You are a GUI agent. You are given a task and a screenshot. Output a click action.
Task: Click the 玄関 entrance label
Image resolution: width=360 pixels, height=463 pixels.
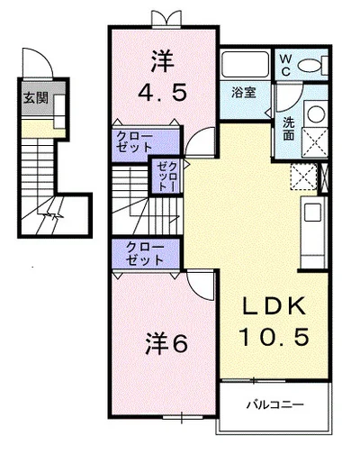click(34, 97)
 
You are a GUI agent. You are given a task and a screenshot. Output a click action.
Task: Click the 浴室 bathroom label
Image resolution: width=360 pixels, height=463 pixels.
click(242, 92)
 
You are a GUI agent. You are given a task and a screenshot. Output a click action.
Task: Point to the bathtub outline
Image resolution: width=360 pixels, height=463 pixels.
click(246, 65)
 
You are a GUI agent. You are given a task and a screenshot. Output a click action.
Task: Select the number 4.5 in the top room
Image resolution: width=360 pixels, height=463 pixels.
click(164, 94)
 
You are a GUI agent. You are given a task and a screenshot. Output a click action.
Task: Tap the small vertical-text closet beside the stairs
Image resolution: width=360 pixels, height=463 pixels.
click(166, 177)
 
